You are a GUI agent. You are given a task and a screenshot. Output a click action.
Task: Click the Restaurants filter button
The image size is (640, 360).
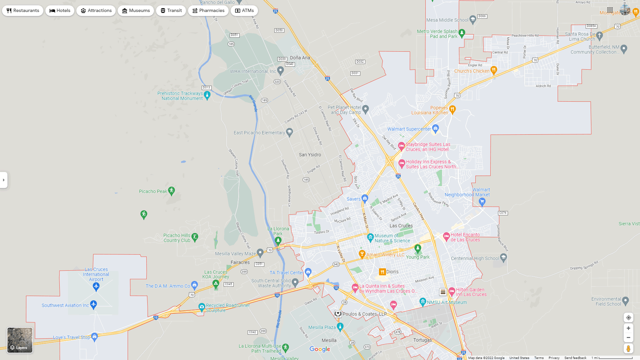pos(23,11)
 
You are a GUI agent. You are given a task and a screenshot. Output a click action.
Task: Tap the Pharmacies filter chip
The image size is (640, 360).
pos(208,11)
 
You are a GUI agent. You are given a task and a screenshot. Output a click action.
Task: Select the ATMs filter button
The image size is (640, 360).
pos(244,11)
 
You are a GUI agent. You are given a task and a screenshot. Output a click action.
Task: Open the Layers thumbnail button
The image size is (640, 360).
pos(20,340)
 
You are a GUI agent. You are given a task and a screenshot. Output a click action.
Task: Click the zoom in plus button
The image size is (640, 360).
pos(628,328)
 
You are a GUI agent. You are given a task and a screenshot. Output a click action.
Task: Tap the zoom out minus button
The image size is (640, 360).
pos(628,338)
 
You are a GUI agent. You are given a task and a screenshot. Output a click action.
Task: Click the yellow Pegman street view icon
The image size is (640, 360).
pos(628,349)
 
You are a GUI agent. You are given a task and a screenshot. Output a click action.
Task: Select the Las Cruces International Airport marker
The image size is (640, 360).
pos(96,286)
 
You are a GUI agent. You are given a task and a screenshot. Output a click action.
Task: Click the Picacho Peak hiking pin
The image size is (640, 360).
pos(171,191)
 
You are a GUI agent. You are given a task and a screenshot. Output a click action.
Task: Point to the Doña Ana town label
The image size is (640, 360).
pos(300,58)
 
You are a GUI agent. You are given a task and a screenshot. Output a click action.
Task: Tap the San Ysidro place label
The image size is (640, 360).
pos(310,155)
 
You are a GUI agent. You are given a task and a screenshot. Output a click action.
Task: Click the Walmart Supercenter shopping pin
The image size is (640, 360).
pos(435,128)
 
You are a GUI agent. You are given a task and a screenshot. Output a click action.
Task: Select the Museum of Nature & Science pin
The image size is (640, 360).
pos(370,237)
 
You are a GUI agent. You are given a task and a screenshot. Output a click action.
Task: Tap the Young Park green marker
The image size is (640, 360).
pos(418,248)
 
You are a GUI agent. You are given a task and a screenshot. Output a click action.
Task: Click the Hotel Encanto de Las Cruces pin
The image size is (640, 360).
pos(446,236)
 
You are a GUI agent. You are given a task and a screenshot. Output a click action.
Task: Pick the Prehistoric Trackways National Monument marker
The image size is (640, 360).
pos(207,95)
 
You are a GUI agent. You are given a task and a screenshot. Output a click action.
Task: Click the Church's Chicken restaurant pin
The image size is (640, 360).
pos(494,70)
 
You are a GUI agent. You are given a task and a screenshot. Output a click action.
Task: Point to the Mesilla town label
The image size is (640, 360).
pos(329,340)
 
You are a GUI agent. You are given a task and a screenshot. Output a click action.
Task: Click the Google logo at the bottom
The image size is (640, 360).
pos(320,349)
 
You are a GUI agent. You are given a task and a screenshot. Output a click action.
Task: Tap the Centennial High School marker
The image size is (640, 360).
pos(504,257)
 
